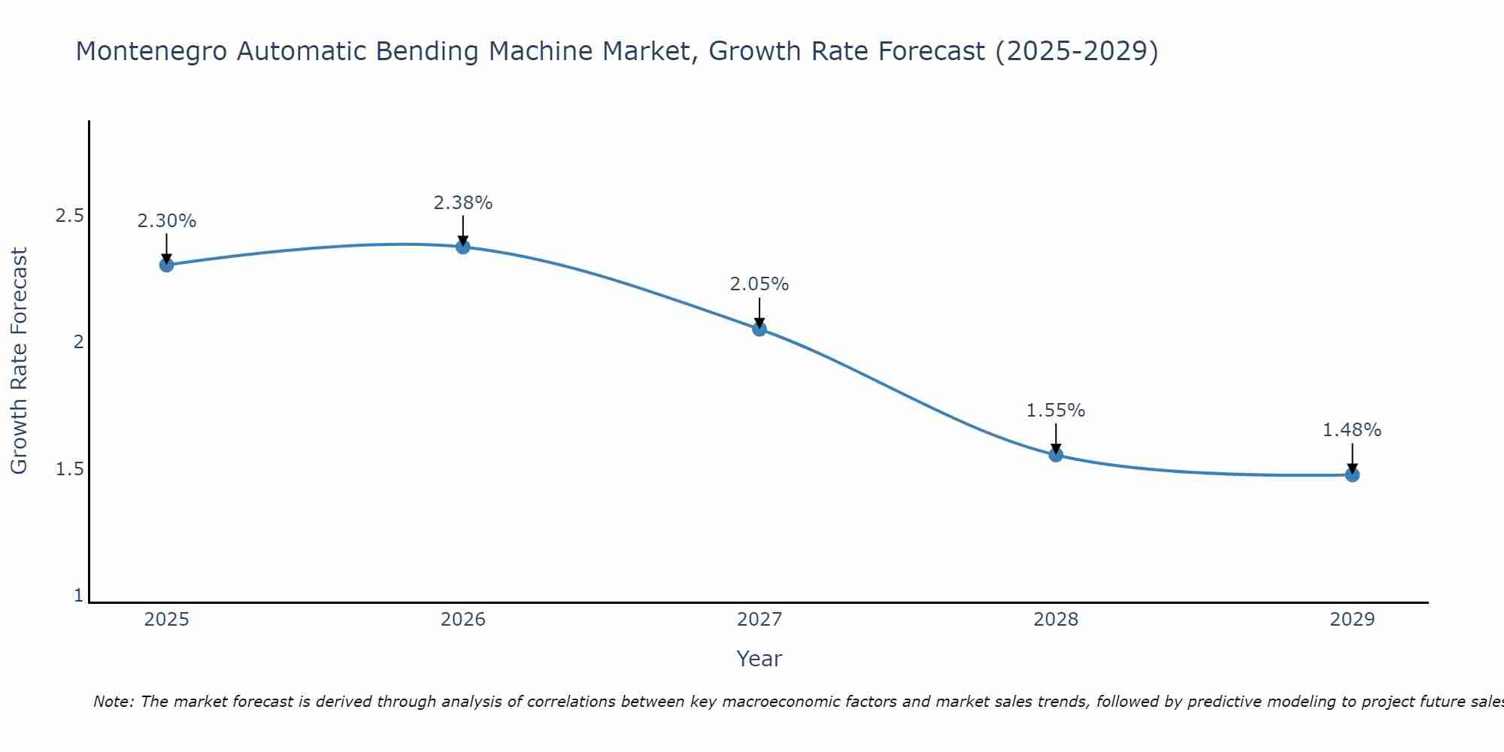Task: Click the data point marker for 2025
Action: tap(167, 265)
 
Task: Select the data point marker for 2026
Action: tap(463, 247)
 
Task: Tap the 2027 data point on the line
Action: tap(760, 329)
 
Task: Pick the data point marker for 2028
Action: tap(1056, 454)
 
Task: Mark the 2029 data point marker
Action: tap(1352, 475)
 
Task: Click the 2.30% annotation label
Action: tap(167, 221)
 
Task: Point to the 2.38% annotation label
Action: tap(463, 203)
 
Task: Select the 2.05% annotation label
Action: tap(760, 284)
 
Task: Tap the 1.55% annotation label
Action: tap(1056, 411)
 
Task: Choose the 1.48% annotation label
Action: tap(1352, 430)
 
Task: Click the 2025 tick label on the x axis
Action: tap(167, 620)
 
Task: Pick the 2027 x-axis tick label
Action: tap(760, 620)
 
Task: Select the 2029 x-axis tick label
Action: tap(1352, 620)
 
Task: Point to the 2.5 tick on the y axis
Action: tap(69, 216)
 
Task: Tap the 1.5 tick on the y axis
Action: tap(69, 469)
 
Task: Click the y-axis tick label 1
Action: tap(78, 596)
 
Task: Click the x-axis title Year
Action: tap(760, 659)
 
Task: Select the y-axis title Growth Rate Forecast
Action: tap(19, 361)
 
